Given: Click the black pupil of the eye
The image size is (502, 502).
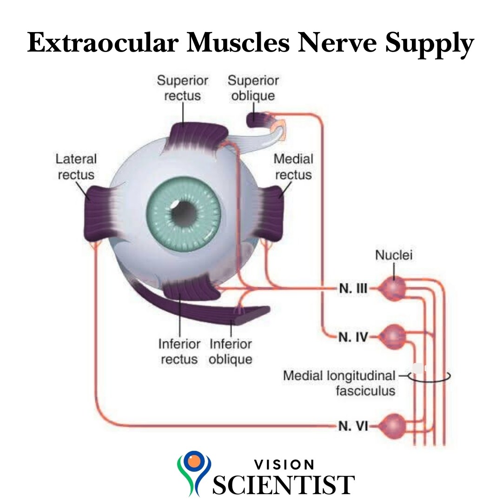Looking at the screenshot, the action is click(183, 213).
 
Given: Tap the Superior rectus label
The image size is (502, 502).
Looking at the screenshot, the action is click(183, 88).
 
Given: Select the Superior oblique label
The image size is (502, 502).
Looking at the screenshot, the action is click(253, 88).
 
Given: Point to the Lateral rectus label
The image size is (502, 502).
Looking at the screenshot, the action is click(76, 167).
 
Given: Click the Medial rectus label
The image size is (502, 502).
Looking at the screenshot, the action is click(293, 167).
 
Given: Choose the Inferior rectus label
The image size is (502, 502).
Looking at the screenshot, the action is click(179, 351).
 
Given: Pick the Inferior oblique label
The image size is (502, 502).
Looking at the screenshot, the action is click(231, 351).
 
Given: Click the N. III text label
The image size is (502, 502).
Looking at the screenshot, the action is click(353, 289).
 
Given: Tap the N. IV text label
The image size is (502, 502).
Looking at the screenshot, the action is click(353, 337).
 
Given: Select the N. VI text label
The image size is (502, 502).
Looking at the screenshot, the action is click(353, 426).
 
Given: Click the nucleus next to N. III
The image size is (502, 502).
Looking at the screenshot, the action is click(393, 289).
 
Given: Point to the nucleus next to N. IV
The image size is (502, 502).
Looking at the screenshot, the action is click(393, 337).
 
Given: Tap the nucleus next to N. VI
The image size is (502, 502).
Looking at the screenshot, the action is click(393, 426).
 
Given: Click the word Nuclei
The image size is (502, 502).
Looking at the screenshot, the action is click(394, 255).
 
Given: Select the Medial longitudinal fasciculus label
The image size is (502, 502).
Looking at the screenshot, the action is click(339, 383).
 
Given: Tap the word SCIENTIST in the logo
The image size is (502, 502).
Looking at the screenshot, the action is click(284, 485).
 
